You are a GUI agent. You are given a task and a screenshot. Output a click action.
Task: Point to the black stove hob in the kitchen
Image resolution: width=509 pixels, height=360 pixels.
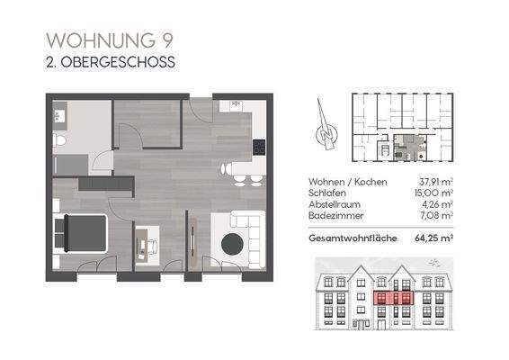point(259,147)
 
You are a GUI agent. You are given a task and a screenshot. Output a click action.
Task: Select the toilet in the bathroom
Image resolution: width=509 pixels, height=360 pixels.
point(58,141)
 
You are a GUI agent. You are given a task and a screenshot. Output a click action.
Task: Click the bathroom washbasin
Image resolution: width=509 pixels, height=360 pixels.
point(61,115)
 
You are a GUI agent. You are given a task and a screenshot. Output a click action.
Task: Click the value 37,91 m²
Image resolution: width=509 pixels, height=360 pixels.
point(434,181)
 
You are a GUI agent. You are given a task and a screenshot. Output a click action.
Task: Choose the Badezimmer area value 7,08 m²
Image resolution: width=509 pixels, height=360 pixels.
point(436,215)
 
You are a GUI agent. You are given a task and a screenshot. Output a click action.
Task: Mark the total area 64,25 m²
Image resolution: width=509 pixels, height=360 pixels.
point(433,238)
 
